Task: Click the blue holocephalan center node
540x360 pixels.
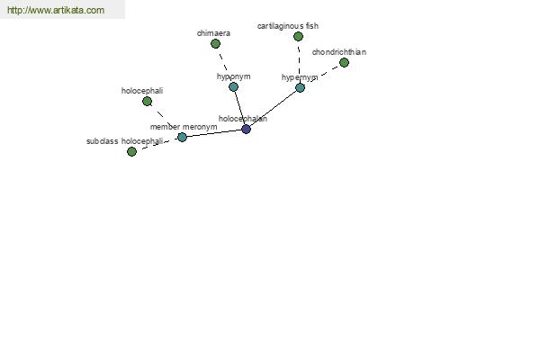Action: pyautogui.click(x=246, y=130)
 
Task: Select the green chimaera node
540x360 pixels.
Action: pyautogui.click(x=215, y=44)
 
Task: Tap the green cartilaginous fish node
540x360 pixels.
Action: pyautogui.click(x=298, y=36)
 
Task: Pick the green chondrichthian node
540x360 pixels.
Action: pyautogui.click(x=344, y=63)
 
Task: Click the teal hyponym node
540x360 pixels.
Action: pyautogui.click(x=233, y=86)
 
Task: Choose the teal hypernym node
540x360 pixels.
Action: pyautogui.click(x=300, y=88)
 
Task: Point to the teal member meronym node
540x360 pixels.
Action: pyautogui.click(x=182, y=137)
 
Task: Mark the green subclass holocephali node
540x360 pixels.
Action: pyautogui.click(x=131, y=151)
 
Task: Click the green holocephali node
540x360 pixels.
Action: pyautogui.click(x=147, y=102)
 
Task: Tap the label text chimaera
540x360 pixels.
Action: pyautogui.click(x=213, y=33)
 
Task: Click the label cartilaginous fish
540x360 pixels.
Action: pyautogui.click(x=288, y=26)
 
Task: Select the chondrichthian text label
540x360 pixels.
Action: pyautogui.click(x=339, y=52)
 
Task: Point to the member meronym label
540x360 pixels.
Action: pyautogui.click(x=184, y=127)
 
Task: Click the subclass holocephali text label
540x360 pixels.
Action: pyautogui.click(x=125, y=141)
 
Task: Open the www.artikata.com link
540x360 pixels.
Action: pyautogui.click(x=56, y=10)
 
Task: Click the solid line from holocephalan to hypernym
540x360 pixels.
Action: pyautogui.click(x=273, y=109)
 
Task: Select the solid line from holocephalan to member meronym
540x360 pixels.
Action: pyautogui.click(x=214, y=133)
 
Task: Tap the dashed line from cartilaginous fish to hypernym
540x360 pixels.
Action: pyautogui.click(x=299, y=62)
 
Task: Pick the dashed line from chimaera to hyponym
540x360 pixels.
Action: pyautogui.click(x=224, y=65)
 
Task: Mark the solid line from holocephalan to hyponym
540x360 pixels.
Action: pyautogui.click(x=239, y=108)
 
